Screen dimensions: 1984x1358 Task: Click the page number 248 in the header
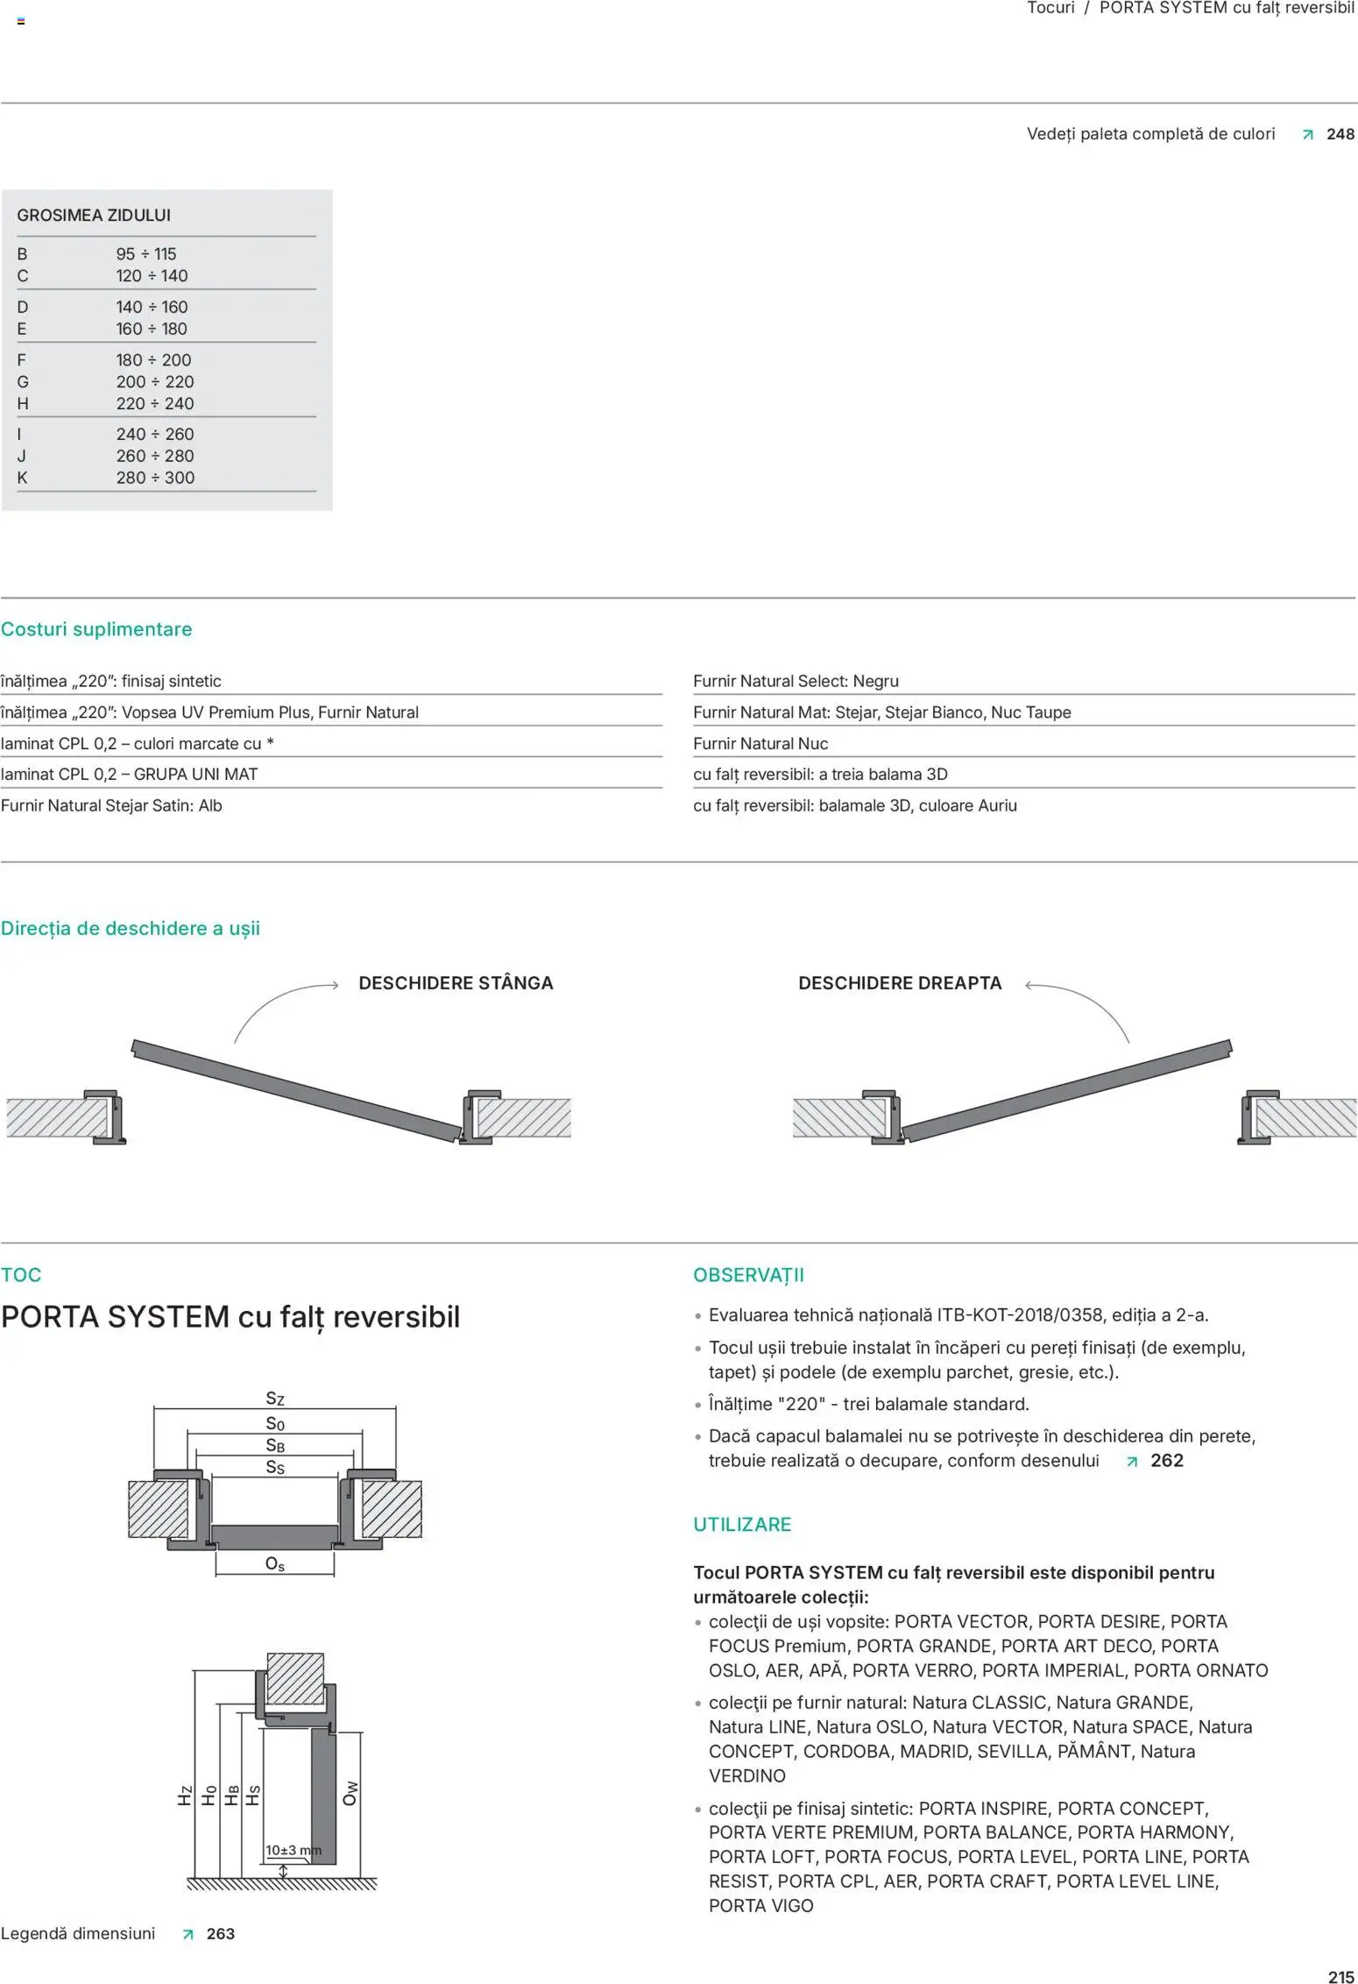1340,134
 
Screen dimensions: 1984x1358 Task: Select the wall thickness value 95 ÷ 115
146,254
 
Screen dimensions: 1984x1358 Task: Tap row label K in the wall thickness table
23,478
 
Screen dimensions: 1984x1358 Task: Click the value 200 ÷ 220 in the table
155,381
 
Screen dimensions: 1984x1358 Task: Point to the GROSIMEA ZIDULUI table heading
94,215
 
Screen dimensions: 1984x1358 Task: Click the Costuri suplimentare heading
96,629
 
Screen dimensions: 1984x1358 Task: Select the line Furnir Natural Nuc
760,743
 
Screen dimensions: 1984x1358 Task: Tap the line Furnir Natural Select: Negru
796,681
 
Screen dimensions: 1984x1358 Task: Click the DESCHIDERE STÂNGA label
456,983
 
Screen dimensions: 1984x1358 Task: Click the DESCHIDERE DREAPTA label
900,983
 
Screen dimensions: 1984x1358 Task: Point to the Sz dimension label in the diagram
275,1399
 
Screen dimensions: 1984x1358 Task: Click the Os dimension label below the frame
275,1564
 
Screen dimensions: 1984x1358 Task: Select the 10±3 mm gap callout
293,1850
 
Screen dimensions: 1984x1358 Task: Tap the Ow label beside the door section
350,1793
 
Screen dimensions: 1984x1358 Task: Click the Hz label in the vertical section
185,1796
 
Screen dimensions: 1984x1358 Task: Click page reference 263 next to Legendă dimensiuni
220,1934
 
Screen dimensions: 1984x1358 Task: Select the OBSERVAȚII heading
748,1275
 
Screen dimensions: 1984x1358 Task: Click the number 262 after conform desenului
1166,1461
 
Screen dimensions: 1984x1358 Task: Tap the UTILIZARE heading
742,1524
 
